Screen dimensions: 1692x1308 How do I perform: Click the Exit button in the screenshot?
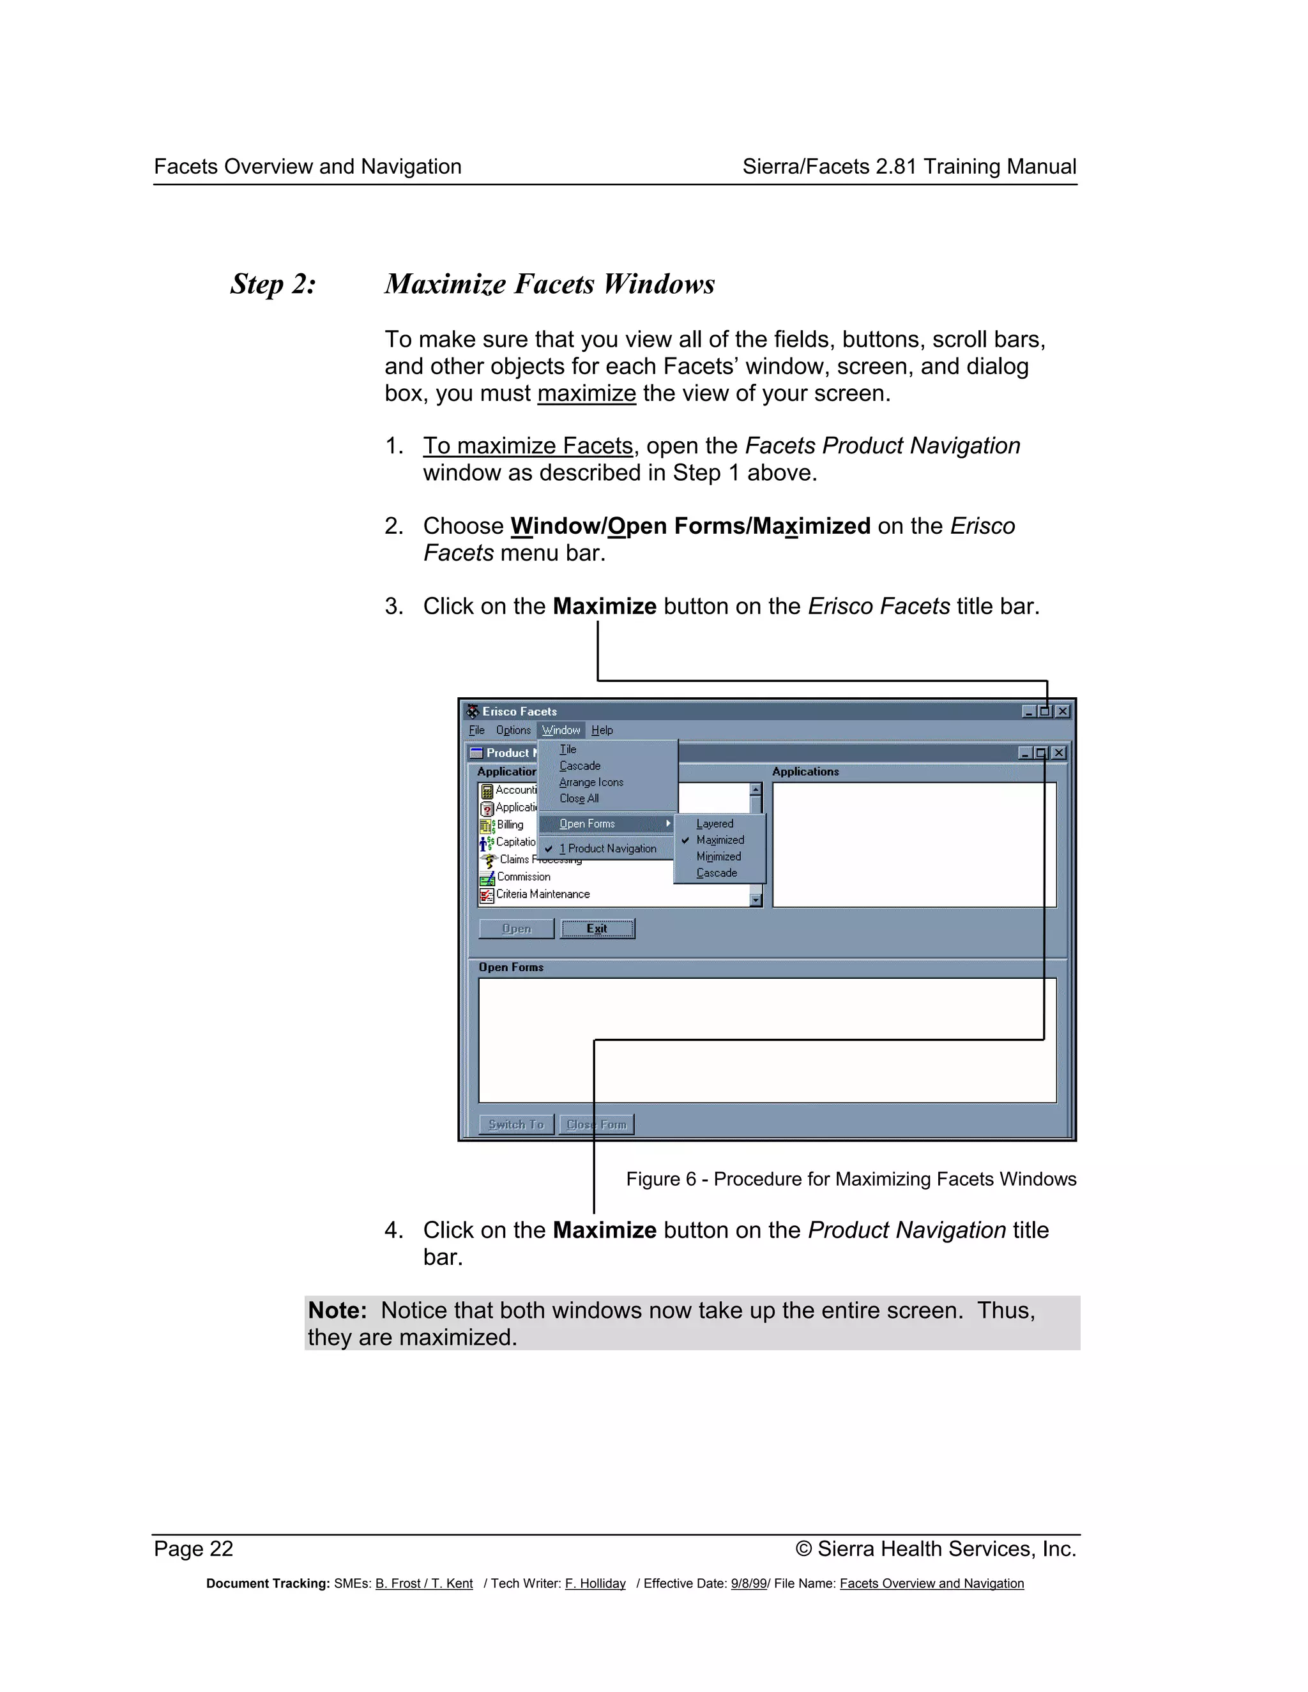click(x=597, y=928)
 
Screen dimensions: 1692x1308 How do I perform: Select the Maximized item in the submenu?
click(x=720, y=840)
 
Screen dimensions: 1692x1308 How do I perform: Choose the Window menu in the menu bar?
click(x=561, y=730)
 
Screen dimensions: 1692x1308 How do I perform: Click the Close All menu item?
click(x=579, y=798)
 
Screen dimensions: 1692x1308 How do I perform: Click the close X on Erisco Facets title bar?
click(x=1062, y=711)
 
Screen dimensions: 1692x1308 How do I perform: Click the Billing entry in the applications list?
click(x=510, y=824)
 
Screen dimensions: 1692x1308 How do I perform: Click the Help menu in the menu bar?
click(x=602, y=730)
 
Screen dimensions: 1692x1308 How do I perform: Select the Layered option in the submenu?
click(x=715, y=824)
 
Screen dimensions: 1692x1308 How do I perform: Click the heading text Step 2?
click(x=273, y=284)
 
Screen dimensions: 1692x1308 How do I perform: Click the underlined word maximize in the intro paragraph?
click(x=586, y=393)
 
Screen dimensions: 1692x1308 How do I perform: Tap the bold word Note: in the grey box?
click(x=337, y=1310)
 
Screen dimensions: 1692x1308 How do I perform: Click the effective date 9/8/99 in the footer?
click(x=748, y=1583)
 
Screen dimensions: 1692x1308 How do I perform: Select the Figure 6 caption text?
click(x=851, y=1179)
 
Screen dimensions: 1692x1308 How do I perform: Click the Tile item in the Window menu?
click(x=568, y=749)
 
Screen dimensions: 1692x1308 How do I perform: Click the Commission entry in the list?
click(x=523, y=876)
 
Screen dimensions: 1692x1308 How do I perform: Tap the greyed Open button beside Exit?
click(x=516, y=928)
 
